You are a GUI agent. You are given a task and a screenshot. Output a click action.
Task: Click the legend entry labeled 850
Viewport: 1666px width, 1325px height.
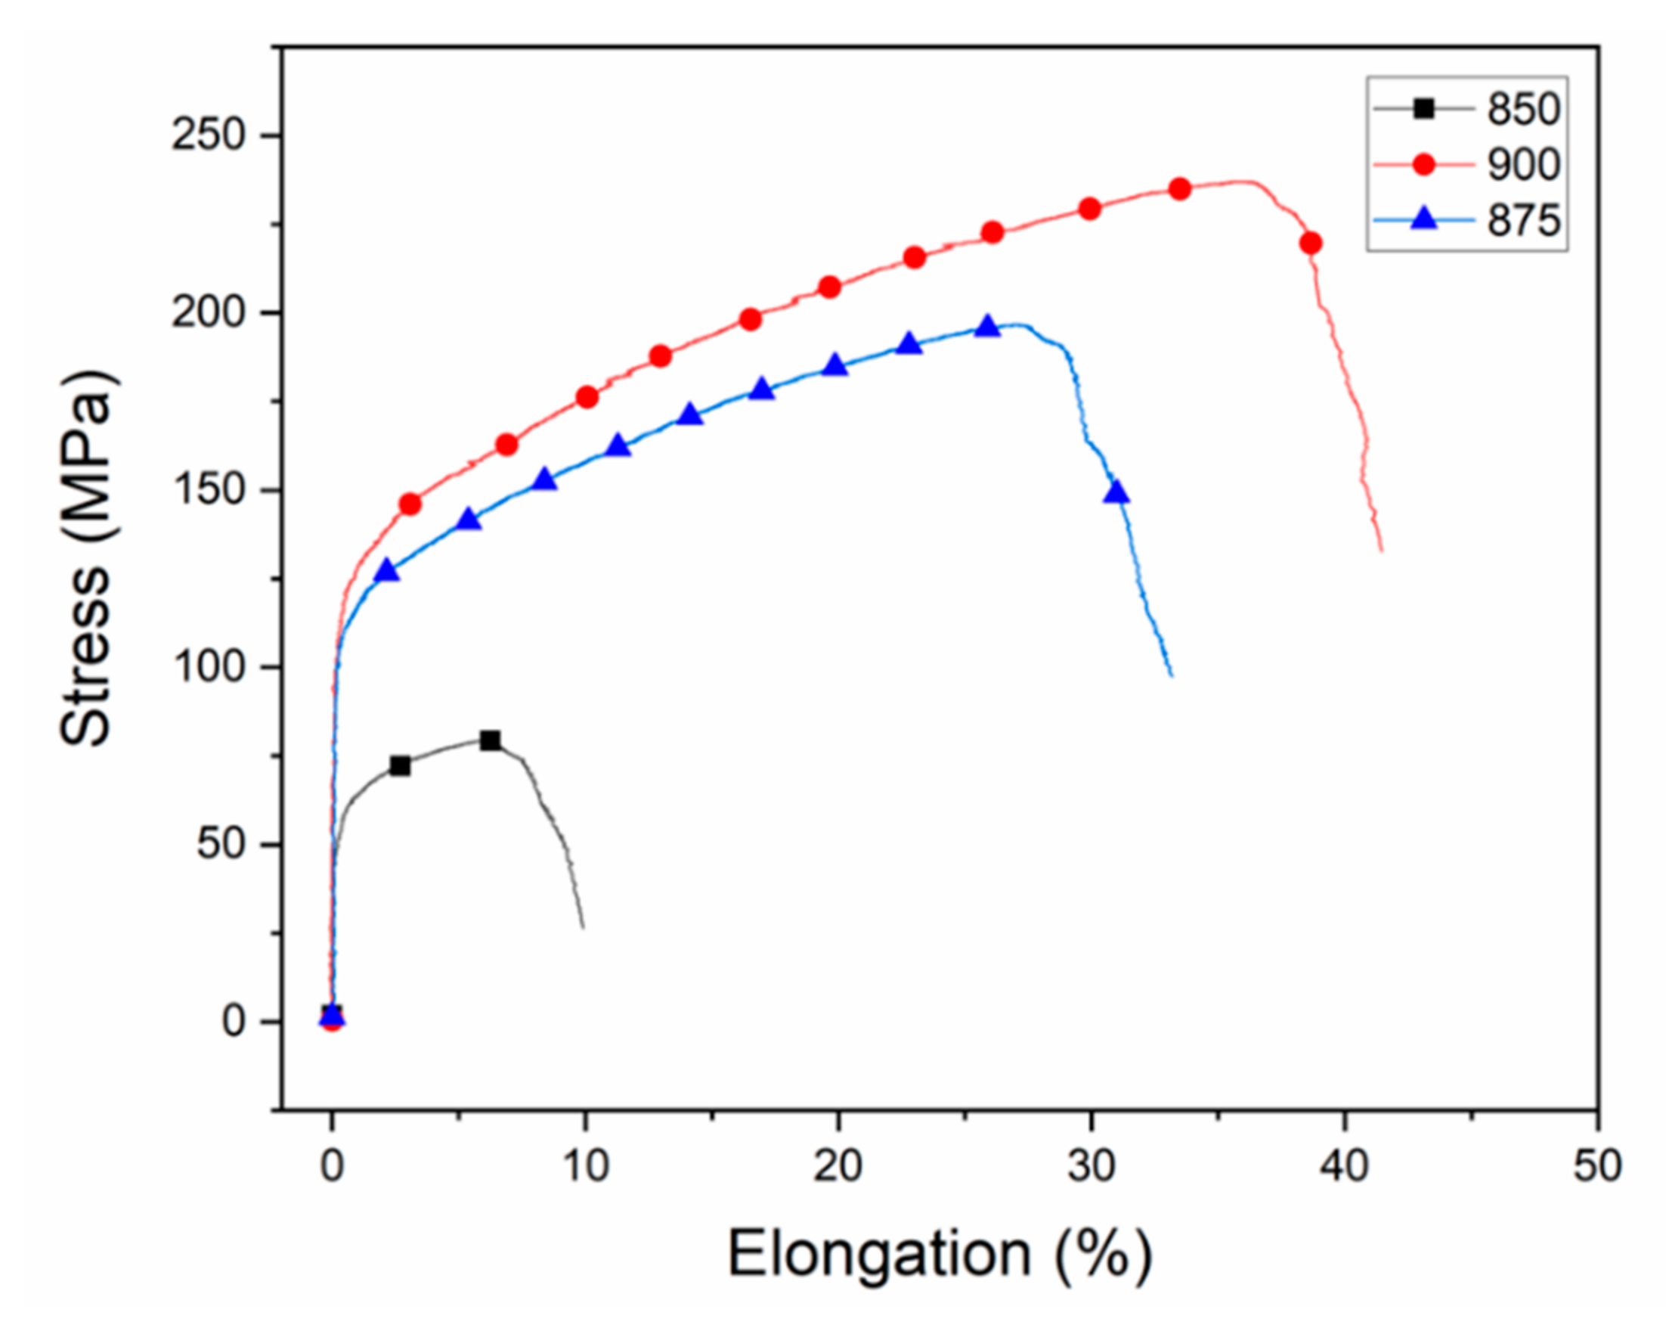pyautogui.click(x=1523, y=109)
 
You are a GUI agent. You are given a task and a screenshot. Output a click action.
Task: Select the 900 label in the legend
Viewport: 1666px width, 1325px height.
pyautogui.click(x=1523, y=166)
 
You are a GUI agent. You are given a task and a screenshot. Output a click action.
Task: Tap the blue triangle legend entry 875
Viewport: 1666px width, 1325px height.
pyautogui.click(x=1523, y=221)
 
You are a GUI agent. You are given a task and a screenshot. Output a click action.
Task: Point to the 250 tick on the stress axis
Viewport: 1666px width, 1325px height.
pyautogui.click(x=207, y=136)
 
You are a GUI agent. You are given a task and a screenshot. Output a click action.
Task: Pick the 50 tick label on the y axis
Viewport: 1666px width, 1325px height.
pyautogui.click(x=220, y=844)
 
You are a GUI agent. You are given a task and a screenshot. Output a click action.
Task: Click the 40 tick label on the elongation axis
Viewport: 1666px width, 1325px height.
pyautogui.click(x=1345, y=1165)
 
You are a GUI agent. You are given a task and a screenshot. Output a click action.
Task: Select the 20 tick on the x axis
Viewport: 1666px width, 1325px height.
pyautogui.click(x=838, y=1165)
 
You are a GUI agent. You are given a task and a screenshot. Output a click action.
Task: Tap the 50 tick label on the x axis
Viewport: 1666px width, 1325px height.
pyautogui.click(x=1597, y=1165)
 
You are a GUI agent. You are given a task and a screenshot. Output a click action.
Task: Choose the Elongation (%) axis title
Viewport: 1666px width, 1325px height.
pyautogui.click(x=940, y=1254)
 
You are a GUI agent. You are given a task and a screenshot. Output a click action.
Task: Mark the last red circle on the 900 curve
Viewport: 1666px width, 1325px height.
pyautogui.click(x=1311, y=244)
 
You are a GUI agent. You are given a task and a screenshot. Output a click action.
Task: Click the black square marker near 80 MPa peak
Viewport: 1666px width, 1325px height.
pyautogui.click(x=490, y=740)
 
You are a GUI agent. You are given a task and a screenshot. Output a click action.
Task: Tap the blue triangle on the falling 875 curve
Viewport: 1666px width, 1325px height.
pyautogui.click(x=1116, y=492)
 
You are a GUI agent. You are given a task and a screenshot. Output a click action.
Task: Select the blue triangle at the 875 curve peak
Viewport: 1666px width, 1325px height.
pyautogui.click(x=986, y=326)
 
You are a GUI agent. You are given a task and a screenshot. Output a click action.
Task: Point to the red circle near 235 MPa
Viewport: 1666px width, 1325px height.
pyautogui.click(x=1179, y=188)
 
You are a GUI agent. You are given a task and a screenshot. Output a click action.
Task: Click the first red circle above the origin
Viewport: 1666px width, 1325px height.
pyautogui.click(x=410, y=504)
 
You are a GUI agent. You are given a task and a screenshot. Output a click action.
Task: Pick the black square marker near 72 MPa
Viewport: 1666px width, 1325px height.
pyautogui.click(x=400, y=766)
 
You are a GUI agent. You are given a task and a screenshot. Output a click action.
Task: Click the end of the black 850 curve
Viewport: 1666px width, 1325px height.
pyautogui.click(x=583, y=926)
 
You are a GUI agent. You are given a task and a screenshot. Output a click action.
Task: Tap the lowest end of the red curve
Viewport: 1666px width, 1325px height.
pyautogui.click(x=1381, y=550)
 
